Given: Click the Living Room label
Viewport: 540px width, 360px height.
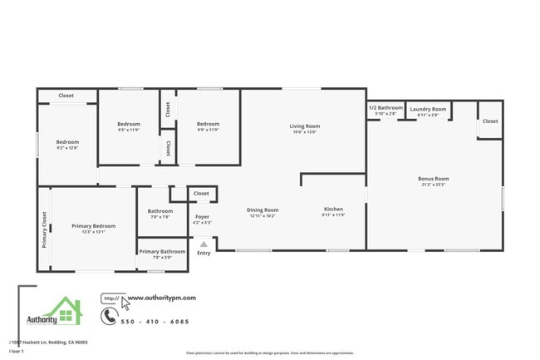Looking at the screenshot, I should tap(307, 126).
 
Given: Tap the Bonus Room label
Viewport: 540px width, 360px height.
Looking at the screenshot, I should tap(433, 179).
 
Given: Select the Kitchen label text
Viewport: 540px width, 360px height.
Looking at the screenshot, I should tap(333, 210).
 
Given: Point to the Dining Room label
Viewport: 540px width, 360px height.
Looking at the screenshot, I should tap(263, 210).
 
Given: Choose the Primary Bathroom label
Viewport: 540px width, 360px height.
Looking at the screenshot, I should tap(162, 252).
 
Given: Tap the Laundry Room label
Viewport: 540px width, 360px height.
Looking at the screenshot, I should tap(428, 109).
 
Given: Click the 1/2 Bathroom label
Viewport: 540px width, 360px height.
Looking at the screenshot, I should tap(385, 108).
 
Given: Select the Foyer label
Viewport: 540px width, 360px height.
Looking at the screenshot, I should tap(202, 217).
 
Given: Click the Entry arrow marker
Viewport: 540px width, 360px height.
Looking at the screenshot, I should tap(204, 244).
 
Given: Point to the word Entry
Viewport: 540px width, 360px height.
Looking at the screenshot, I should tap(204, 253).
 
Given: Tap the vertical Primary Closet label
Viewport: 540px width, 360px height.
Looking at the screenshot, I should tap(44, 230).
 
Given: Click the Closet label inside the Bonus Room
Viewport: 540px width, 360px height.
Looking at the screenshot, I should tap(490, 121).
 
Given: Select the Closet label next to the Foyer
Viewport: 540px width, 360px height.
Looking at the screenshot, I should tap(201, 194).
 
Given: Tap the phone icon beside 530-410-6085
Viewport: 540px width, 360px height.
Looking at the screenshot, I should tap(109, 316).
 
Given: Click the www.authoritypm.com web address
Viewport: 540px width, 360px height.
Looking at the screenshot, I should tap(160, 297).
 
